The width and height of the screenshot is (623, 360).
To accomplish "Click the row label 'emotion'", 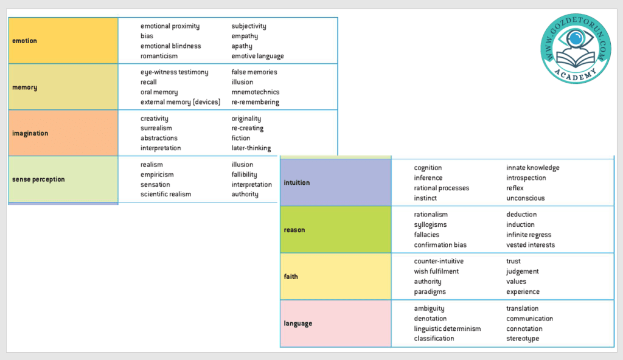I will pos(25,41).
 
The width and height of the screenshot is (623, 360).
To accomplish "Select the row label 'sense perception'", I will pos(38,179).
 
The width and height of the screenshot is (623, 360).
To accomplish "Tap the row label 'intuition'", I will pos(297,182).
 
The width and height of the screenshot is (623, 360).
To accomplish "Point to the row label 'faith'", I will pos(291,277).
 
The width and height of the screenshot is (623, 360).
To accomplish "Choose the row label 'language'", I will pos(298,324).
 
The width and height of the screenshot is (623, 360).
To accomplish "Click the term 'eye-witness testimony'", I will pos(175,72).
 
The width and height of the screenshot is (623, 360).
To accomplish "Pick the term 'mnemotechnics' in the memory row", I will pos(256,92).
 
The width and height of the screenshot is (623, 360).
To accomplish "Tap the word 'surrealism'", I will pos(156,128).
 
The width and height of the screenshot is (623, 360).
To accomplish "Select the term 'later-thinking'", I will pos(251,148).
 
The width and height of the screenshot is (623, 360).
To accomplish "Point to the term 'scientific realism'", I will pos(166,195).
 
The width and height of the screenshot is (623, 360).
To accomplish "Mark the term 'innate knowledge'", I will pos(533,168).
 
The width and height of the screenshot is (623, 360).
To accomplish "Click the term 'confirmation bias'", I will pos(441,245).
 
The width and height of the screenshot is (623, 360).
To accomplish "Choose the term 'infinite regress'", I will pos(529,235).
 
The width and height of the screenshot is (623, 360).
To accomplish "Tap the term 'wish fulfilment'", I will pos(437,272).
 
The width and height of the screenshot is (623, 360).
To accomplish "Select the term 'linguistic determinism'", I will pos(448,329).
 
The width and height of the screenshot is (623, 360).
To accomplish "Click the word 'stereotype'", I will pos(523,339).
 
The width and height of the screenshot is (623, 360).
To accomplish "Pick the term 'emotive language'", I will pos(258,56).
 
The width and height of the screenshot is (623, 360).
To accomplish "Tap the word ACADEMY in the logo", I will pos(575,73).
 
